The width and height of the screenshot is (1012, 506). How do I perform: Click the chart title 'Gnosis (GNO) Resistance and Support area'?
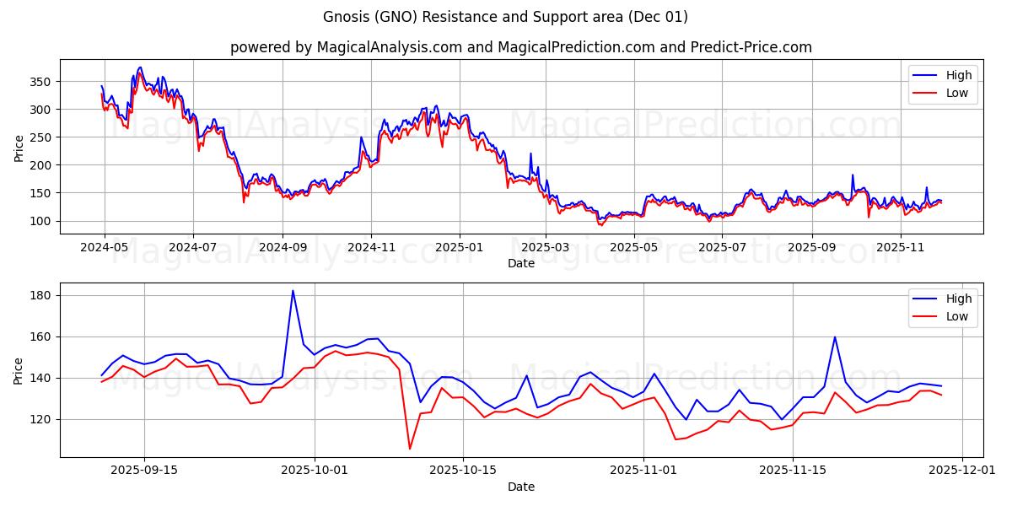pyautogui.click(x=505, y=17)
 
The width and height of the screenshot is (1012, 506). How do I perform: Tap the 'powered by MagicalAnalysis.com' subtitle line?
pyautogui.click(x=520, y=47)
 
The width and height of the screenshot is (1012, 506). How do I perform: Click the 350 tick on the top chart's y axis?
pyautogui.click(x=41, y=82)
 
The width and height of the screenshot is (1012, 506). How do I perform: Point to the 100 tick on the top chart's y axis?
pyautogui.click(x=41, y=221)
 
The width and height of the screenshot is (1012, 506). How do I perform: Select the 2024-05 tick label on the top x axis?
pyautogui.click(x=105, y=248)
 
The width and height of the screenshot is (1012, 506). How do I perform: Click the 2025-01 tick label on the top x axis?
pyautogui.click(x=460, y=248)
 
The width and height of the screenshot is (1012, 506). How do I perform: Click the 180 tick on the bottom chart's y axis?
pyautogui.click(x=41, y=295)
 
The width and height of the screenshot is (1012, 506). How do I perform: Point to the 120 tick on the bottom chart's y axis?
pyautogui.click(x=41, y=419)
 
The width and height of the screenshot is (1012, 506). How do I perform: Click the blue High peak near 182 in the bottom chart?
pyautogui.click(x=293, y=291)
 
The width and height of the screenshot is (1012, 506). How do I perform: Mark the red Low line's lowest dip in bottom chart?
pyautogui.click(x=410, y=448)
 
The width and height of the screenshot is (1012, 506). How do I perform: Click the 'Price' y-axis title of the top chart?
pyautogui.click(x=19, y=148)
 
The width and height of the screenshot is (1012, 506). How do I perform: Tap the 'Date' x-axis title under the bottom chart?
pyautogui.click(x=520, y=487)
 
